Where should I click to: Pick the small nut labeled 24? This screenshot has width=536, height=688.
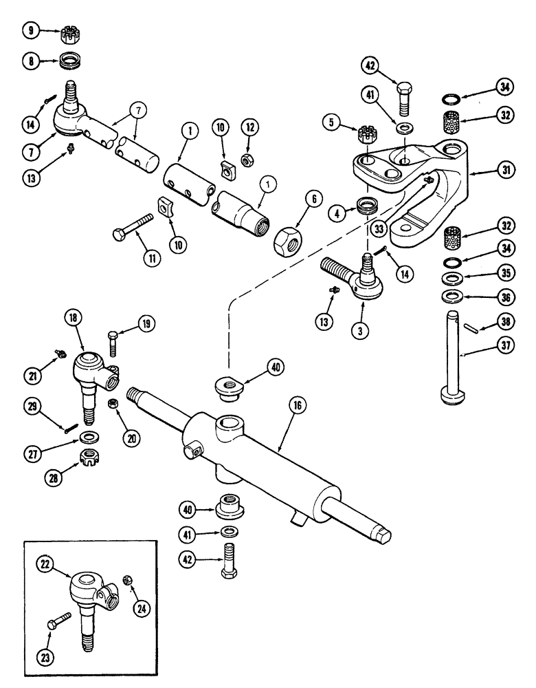point(127,580)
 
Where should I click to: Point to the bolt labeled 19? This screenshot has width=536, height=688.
point(113,339)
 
